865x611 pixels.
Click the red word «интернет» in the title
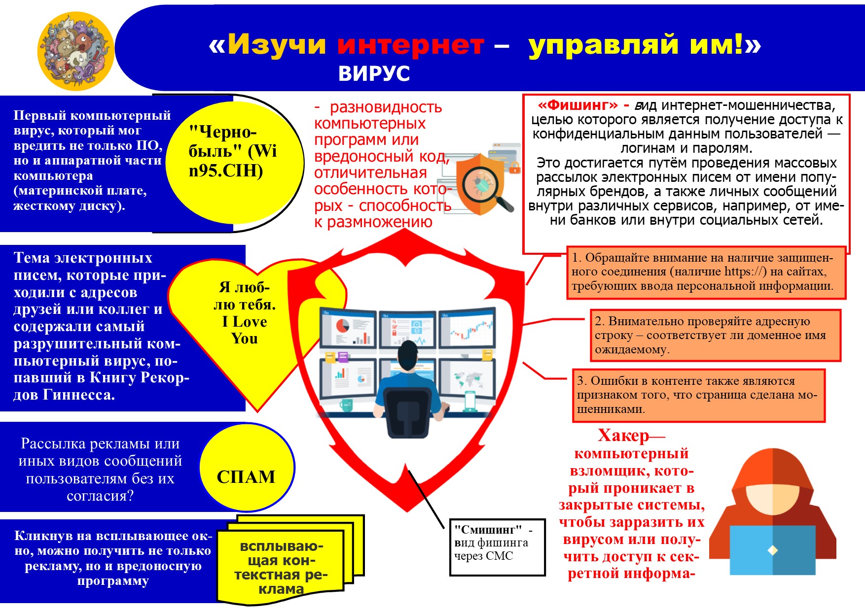[x=411, y=45]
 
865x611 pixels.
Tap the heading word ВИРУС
[x=374, y=74]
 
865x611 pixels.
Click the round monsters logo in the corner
[x=75, y=51]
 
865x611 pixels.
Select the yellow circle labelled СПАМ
[x=247, y=468]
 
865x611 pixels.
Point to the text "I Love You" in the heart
[x=245, y=330]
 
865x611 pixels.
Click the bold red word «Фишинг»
[x=577, y=105]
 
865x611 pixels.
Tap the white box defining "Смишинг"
[x=497, y=547]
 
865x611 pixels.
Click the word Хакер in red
[x=623, y=436]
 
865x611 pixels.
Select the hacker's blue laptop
[x=772, y=549]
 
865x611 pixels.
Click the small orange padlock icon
[x=514, y=168]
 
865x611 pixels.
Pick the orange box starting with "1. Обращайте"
[x=706, y=272]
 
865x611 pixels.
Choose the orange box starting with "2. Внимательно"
[x=715, y=335]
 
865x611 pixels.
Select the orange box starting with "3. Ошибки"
[x=698, y=395]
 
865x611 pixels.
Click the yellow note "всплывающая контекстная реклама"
[x=281, y=567]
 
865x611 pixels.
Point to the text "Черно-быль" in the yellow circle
[x=223, y=141]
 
